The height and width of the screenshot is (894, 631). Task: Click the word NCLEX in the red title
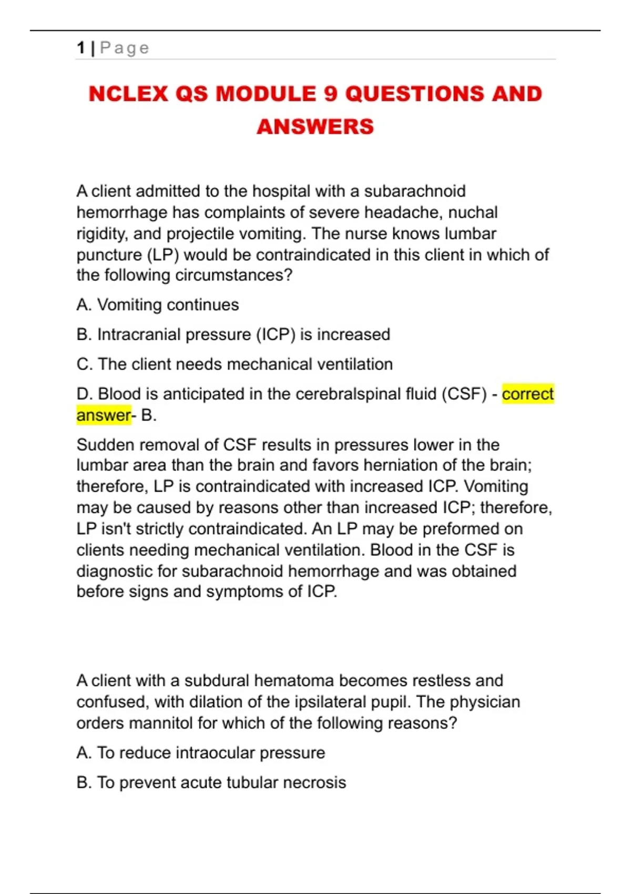128,94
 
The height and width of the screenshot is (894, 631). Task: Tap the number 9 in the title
330,94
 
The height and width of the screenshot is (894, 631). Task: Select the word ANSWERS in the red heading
315,127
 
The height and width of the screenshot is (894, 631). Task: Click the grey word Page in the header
125,48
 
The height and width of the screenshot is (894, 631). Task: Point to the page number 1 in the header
80,48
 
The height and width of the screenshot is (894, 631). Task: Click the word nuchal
473,212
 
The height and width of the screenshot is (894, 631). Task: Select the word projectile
200,233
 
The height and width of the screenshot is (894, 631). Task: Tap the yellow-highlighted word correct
527,394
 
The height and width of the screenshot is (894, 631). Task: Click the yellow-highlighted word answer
103,415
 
